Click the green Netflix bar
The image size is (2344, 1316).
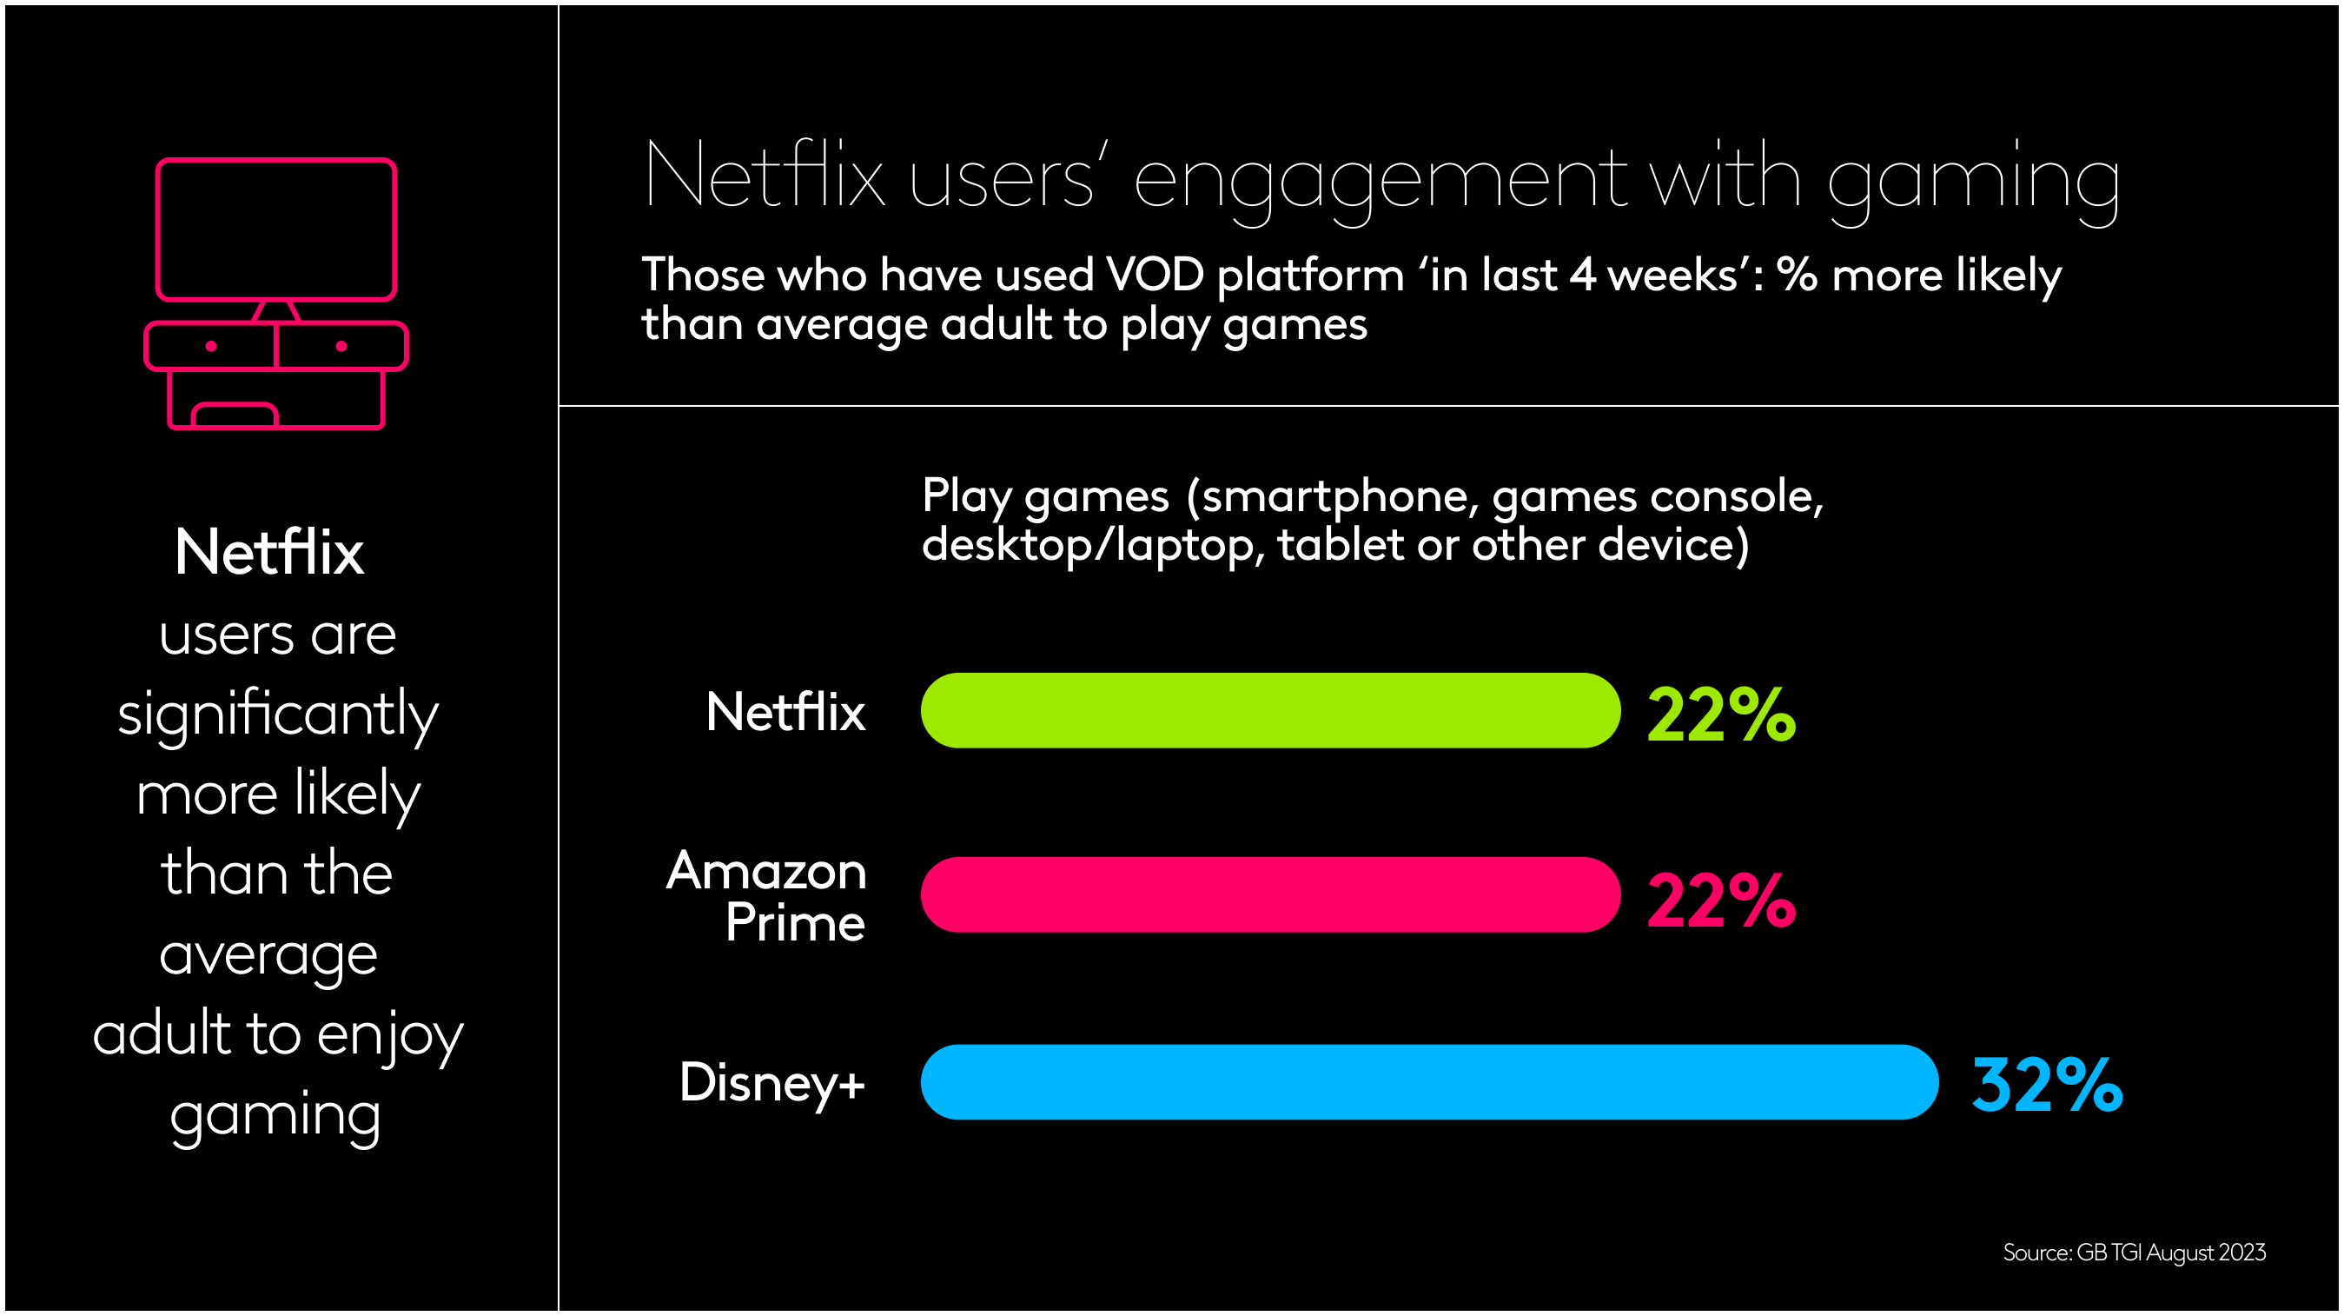click(1269, 711)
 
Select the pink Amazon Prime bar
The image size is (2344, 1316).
click(1269, 894)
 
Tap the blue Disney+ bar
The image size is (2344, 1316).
click(1428, 1082)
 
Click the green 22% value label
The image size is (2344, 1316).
click(1721, 715)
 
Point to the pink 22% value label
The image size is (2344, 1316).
click(1721, 901)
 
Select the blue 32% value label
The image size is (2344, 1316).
click(2047, 1085)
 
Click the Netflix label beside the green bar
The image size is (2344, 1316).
click(785, 712)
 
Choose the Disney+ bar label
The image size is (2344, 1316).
click(771, 1083)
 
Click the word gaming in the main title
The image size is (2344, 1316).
click(1973, 180)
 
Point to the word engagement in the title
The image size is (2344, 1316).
click(1381, 180)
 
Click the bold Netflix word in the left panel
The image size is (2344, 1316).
click(269, 553)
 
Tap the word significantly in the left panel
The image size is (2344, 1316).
click(277, 714)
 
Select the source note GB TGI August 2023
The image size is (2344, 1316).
click(2134, 1253)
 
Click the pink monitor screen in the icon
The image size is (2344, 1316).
click(275, 229)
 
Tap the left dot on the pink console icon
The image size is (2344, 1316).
click(211, 346)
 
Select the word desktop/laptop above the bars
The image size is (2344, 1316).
click(1092, 545)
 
